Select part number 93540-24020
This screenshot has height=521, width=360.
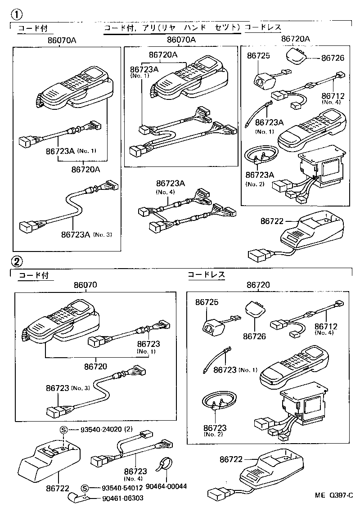[101, 430]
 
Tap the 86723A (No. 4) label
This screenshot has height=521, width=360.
[171, 184]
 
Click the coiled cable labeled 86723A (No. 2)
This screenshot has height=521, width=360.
[261, 156]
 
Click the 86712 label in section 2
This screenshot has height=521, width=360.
[326, 327]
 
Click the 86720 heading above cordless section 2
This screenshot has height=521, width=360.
[258, 285]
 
